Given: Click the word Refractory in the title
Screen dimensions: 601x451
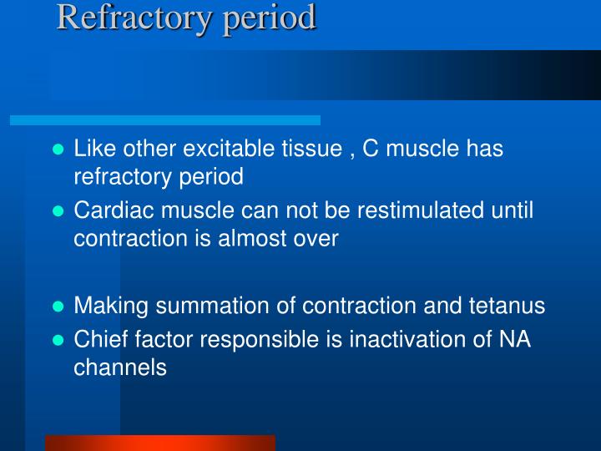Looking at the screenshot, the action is point(134,18).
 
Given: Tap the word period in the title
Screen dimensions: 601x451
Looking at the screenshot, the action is point(269,18).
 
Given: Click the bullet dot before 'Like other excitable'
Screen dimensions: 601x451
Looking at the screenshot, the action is point(58,149).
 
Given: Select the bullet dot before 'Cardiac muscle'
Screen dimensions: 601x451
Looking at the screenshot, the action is point(58,211).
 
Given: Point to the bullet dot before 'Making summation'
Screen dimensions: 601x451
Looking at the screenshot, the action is point(58,306).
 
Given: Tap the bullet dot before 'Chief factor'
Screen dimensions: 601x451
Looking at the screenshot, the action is point(58,340).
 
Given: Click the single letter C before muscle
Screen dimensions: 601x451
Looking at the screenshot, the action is point(371,148).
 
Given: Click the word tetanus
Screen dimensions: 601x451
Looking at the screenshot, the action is point(507,306).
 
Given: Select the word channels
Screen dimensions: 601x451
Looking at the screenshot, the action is point(120,367).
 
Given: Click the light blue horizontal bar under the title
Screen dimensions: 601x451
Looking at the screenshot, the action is point(165,120).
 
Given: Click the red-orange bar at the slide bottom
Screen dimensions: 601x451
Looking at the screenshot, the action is point(160,443).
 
